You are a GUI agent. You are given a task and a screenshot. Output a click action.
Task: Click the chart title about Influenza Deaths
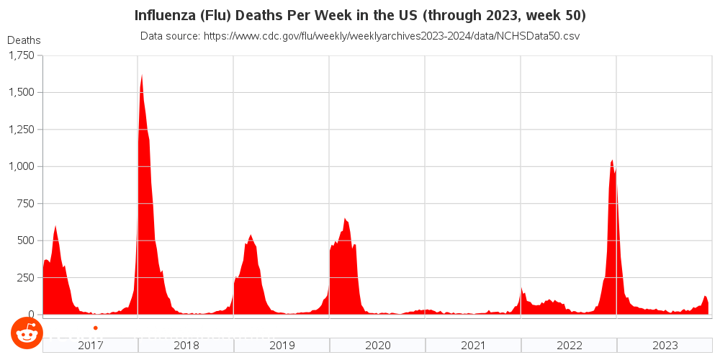point(360,15)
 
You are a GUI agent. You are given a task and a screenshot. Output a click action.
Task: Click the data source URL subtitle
point(360,35)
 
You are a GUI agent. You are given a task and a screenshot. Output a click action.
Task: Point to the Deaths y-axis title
point(24,40)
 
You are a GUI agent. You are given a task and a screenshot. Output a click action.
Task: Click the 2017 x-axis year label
point(91,346)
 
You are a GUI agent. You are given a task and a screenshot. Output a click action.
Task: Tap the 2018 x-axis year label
point(186,346)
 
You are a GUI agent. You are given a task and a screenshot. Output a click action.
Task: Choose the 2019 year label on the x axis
point(282,346)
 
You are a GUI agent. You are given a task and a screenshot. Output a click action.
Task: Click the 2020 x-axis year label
point(378,346)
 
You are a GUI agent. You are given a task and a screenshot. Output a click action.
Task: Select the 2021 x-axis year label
point(474,346)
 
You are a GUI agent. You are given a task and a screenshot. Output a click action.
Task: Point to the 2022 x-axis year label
point(570,346)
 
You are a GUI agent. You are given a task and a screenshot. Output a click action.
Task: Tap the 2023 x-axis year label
point(665,346)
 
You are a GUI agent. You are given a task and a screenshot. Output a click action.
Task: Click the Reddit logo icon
point(27,333)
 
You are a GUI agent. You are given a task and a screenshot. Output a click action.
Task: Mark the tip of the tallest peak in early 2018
point(141,74)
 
